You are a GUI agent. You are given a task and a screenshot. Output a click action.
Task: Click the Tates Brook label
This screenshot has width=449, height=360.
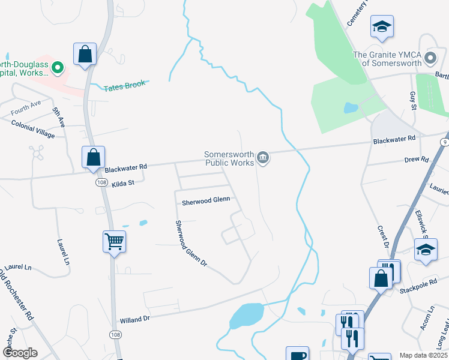(125, 86)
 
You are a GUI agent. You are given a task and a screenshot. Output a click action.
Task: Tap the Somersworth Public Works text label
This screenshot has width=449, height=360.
(229, 158)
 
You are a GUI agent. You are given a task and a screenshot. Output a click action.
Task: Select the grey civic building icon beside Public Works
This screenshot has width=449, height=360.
(262, 158)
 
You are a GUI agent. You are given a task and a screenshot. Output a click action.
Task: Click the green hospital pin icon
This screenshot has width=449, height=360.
(58, 68)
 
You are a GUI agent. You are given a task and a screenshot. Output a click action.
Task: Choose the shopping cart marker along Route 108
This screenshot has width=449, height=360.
(114, 242)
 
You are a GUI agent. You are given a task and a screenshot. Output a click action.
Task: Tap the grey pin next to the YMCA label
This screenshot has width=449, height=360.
(430, 58)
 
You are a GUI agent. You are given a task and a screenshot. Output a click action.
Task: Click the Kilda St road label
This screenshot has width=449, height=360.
(124, 184)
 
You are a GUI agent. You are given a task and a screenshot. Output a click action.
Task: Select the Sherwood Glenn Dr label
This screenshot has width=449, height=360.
(191, 244)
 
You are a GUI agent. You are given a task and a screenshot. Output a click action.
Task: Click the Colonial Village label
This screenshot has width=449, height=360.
(33, 128)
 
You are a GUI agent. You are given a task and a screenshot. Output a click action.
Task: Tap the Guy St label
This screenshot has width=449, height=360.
(412, 100)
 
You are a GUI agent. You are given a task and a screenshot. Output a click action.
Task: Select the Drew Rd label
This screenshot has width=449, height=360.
(417, 160)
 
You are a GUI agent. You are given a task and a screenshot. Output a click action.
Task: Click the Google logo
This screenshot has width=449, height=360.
(20, 352)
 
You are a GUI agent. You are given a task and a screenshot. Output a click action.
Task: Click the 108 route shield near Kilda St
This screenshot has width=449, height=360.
(100, 182)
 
